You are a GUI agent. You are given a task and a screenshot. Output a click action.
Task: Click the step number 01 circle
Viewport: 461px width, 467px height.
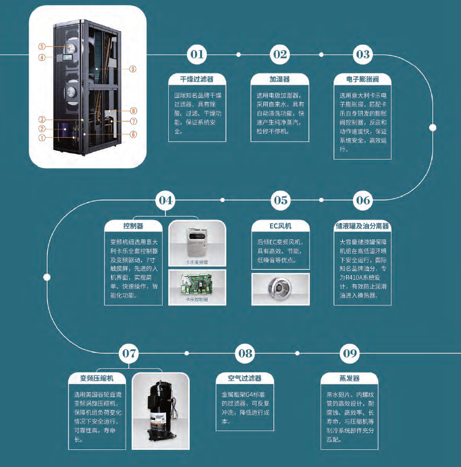pyautogui.click(x=197, y=55)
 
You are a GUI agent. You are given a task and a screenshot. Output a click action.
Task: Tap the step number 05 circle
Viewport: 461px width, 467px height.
pyautogui.click(x=280, y=200)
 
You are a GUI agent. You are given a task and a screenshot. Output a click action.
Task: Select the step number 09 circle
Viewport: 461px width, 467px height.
pyautogui.click(x=349, y=354)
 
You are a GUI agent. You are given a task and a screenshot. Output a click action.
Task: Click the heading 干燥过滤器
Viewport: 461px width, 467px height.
pyautogui.click(x=197, y=79)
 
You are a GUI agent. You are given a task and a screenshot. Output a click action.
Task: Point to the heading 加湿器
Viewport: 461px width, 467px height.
pyautogui.click(x=280, y=79)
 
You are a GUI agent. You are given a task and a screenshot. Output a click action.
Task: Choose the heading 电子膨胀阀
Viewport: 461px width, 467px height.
pyautogui.click(x=363, y=79)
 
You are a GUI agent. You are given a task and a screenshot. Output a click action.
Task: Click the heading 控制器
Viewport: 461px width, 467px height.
pyautogui.click(x=133, y=226)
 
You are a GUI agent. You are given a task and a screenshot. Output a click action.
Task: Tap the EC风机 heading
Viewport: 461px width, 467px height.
pyautogui.click(x=280, y=226)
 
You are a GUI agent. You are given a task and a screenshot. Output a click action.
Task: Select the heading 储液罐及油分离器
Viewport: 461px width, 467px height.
pyautogui.click(x=363, y=226)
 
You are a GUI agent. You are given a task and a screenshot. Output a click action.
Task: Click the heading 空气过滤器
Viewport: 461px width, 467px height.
pyautogui.click(x=244, y=378)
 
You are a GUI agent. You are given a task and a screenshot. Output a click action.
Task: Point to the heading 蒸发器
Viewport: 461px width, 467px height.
pyautogui.click(x=349, y=378)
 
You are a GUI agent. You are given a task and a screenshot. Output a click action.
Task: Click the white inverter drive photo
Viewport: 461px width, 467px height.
pyautogui.click(x=197, y=241)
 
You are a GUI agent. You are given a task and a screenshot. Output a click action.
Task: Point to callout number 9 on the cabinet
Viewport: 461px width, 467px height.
pyautogui.click(x=132, y=69)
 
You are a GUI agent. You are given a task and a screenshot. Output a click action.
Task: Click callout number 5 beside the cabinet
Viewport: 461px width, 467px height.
pyautogui.click(x=42, y=46)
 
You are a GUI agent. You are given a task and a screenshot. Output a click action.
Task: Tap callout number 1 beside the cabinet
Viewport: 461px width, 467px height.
pyautogui.click(x=42, y=137)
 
